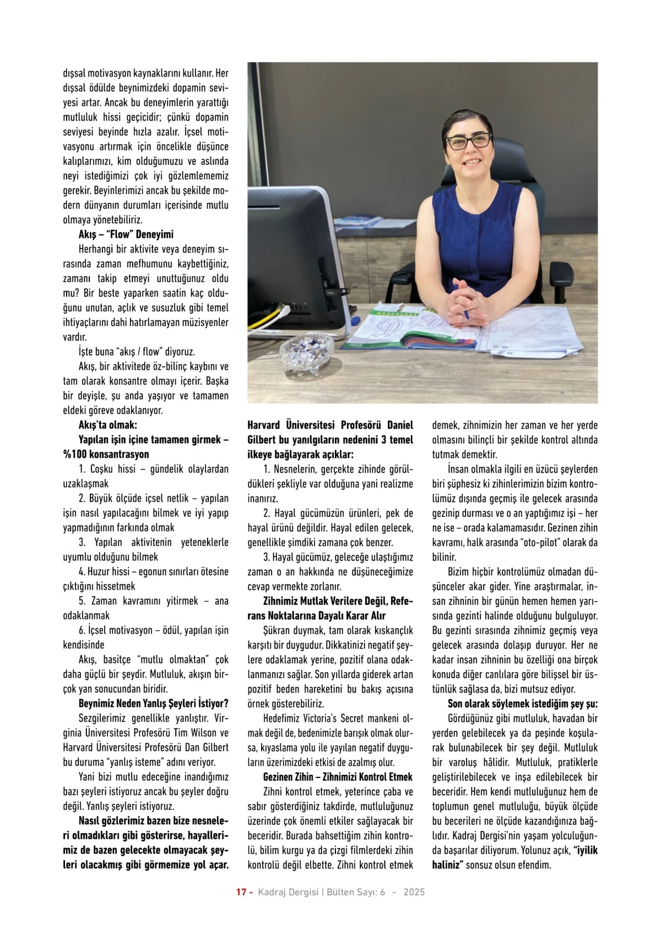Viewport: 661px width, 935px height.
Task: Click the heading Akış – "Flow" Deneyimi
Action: pyautogui.click(x=126, y=234)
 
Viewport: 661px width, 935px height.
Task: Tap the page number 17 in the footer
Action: pyautogui.click(x=241, y=892)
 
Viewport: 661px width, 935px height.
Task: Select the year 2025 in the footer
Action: pyautogui.click(x=414, y=892)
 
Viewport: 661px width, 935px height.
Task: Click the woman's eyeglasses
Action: pyautogui.click(x=469, y=141)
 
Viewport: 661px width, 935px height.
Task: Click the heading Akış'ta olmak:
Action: pyautogui.click(x=108, y=425)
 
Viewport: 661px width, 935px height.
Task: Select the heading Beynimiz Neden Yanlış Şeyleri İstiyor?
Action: pyautogui.click(x=154, y=704)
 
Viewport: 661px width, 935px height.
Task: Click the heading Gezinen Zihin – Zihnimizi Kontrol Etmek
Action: pyautogui.click(x=338, y=777)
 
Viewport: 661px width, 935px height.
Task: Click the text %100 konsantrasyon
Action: pyautogui.click(x=106, y=455)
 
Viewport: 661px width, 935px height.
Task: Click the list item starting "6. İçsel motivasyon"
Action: pyautogui.click(x=145, y=630)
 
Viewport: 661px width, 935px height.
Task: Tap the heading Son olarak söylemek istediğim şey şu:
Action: pyautogui.click(x=523, y=704)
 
